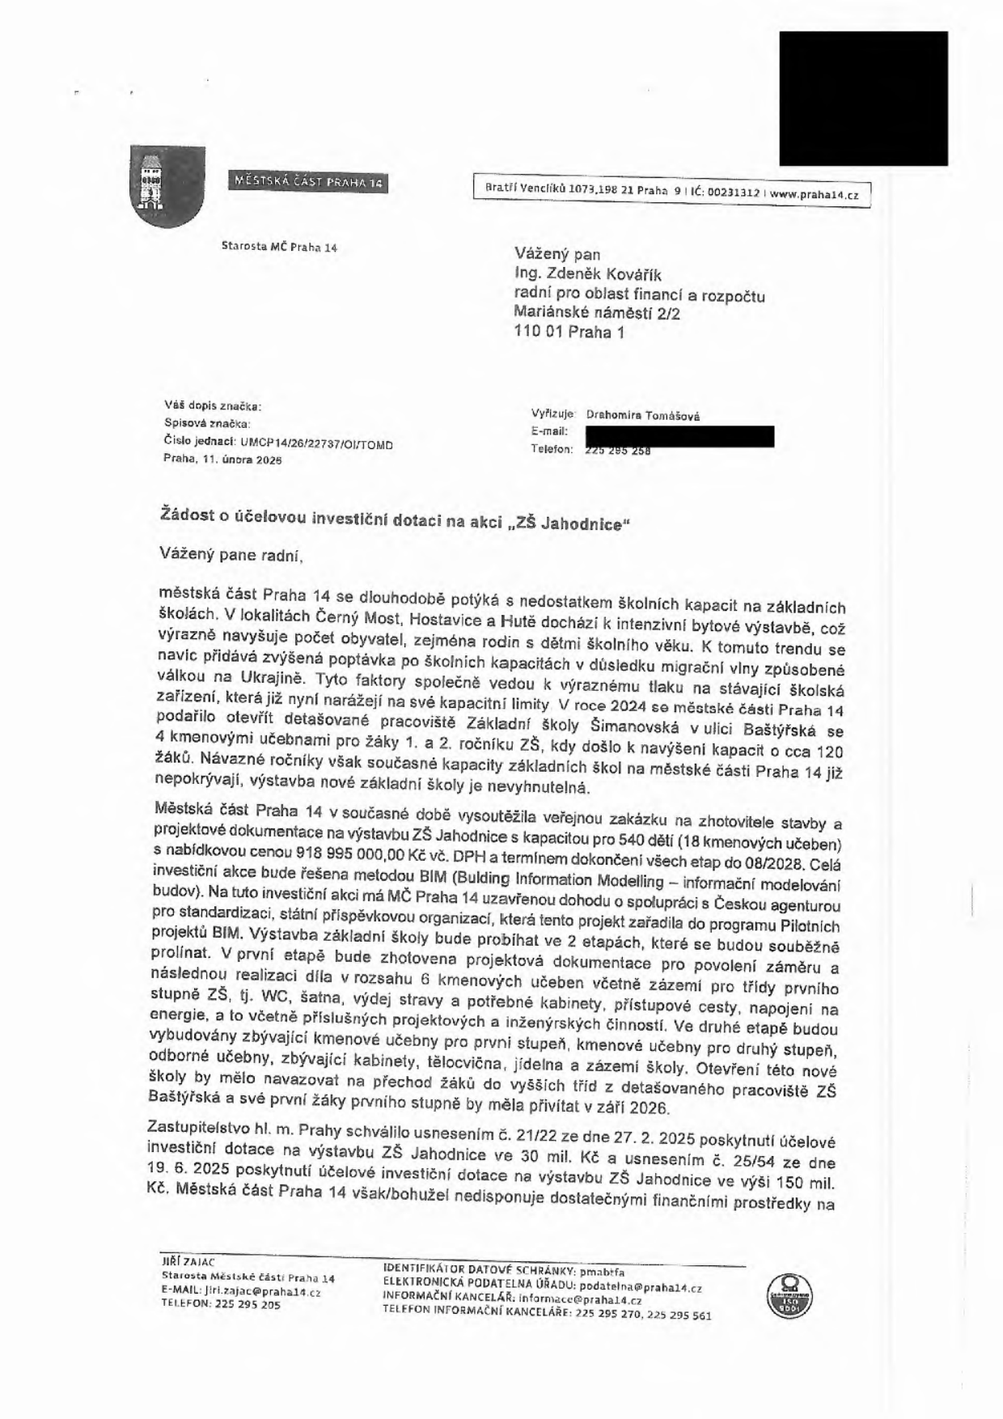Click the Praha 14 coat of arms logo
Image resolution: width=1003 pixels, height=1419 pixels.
coord(167,186)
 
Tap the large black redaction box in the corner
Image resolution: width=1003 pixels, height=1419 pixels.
coord(863,98)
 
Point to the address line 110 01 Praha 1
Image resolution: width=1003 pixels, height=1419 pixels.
coord(569,332)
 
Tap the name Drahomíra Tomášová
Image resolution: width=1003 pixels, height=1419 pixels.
coord(643,416)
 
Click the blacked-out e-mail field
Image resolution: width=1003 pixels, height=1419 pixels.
coord(679,436)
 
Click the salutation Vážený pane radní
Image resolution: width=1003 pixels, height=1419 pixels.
coord(231,555)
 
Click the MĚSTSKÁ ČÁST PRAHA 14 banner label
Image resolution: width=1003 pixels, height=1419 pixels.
coord(308,182)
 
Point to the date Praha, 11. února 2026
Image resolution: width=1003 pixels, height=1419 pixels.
coord(222,459)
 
